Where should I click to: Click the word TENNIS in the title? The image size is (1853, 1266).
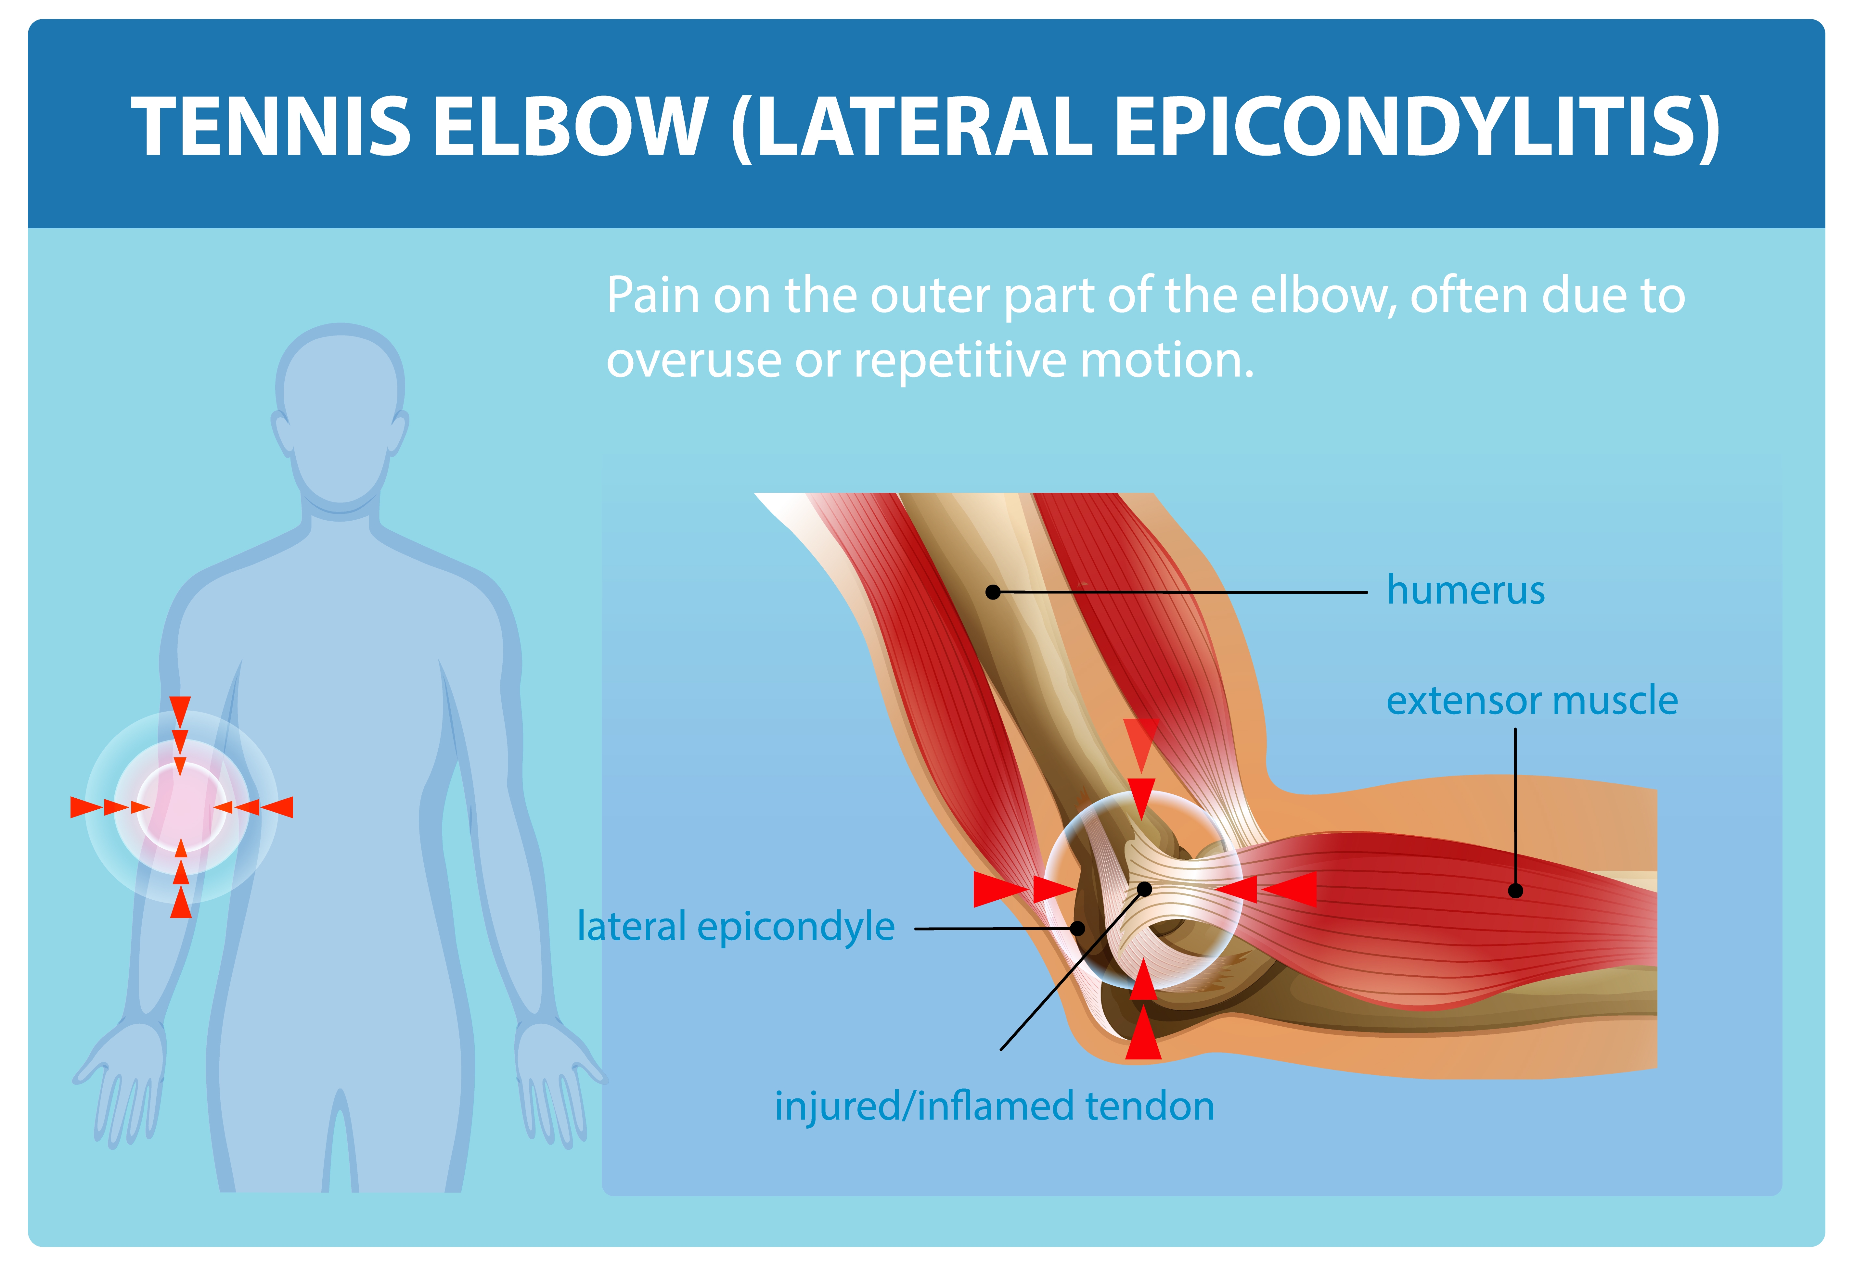[271, 126]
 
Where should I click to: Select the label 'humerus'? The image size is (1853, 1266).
[1465, 591]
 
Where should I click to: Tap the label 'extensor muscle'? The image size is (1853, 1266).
[1532, 701]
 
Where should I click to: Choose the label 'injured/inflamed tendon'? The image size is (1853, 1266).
[994, 1107]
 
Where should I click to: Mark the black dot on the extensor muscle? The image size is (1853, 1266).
[1515, 891]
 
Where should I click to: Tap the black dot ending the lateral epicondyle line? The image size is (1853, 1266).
[1077, 928]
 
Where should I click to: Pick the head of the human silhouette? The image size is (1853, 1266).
[341, 414]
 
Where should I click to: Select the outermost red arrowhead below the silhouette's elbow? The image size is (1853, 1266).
[181, 903]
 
